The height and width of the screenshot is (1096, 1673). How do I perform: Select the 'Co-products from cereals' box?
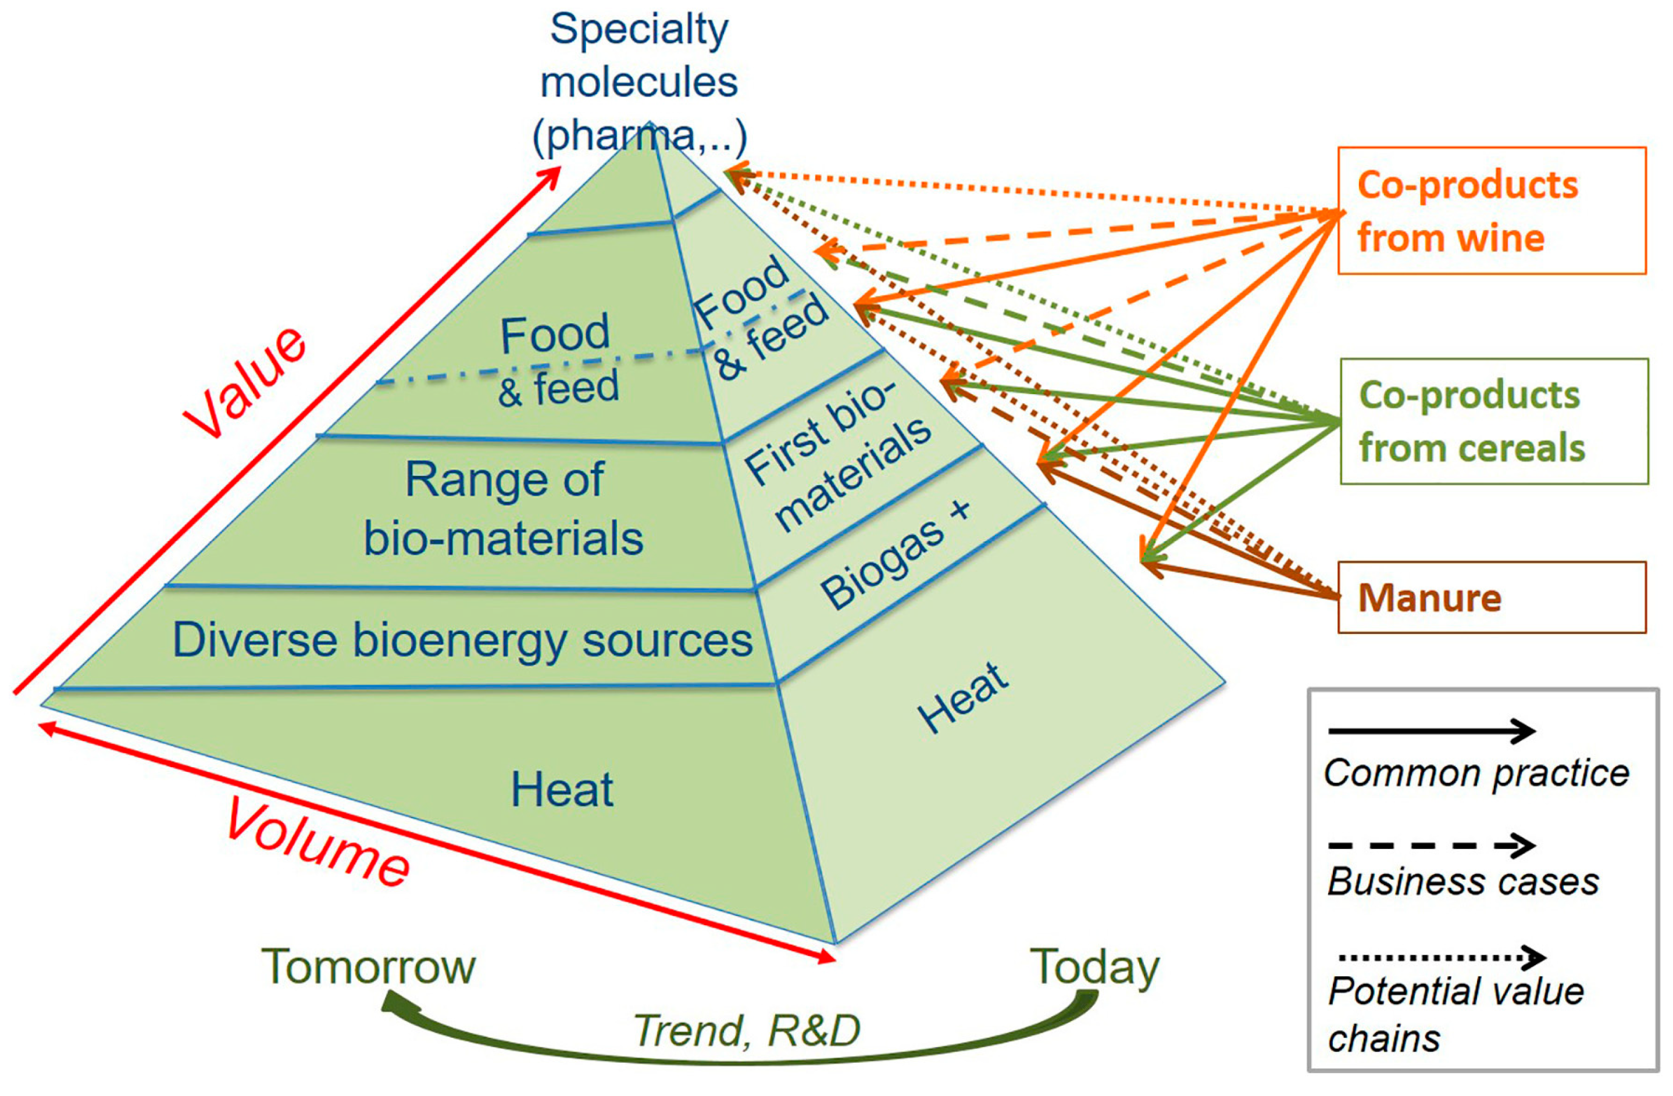[1493, 421]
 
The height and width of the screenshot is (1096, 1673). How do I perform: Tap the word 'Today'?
[1094, 967]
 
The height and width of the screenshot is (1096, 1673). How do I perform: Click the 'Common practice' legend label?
[1476, 773]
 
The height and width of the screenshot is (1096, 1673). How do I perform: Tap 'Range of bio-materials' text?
[504, 510]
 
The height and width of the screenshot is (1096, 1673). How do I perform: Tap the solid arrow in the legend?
[1431, 732]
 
